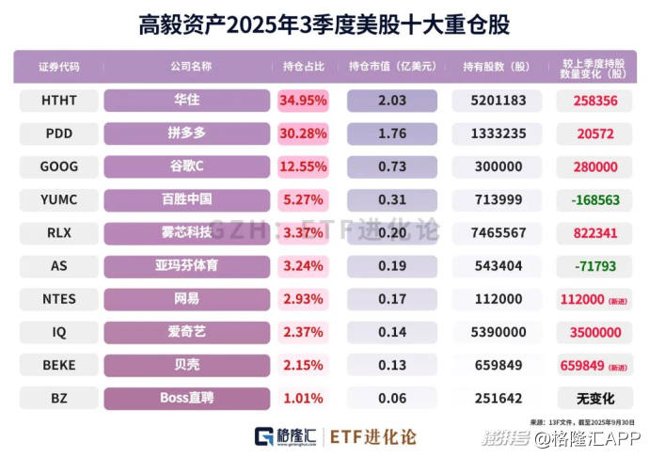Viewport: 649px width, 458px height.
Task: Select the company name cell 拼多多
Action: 187,133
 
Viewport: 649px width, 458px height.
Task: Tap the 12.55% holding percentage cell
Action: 303,166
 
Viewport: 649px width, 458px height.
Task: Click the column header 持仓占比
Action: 303,67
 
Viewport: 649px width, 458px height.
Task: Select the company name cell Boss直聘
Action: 187,398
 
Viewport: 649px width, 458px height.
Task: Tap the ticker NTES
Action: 59,298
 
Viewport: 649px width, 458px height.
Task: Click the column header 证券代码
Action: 59,67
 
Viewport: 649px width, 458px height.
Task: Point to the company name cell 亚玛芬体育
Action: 187,265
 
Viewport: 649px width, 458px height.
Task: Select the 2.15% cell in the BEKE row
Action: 303,365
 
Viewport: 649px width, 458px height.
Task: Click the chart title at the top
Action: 324,22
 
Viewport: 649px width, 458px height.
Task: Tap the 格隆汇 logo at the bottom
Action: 286,437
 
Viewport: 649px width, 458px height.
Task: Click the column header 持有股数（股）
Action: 496,67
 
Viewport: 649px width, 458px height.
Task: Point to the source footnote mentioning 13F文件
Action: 583,420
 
